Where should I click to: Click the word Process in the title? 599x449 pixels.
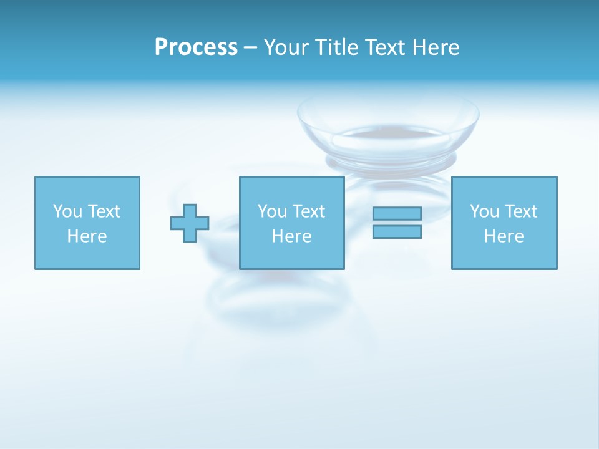tap(196, 47)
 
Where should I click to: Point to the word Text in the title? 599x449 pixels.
tap(384, 47)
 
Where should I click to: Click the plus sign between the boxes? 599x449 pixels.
tap(190, 223)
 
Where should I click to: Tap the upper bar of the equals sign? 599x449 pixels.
tap(397, 214)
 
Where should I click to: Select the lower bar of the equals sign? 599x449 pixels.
tap(397, 232)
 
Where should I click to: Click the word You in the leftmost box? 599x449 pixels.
tap(67, 211)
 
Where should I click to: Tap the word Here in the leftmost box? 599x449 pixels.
tap(87, 236)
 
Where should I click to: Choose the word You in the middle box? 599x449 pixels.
tap(271, 211)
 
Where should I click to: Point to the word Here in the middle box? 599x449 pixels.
tap(291, 236)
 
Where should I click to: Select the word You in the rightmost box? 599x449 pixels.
tap(484, 211)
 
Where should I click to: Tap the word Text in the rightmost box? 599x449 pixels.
tap(520, 211)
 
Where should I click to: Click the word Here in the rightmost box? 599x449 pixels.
tap(504, 236)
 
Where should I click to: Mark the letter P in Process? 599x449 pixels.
tap(161, 47)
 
